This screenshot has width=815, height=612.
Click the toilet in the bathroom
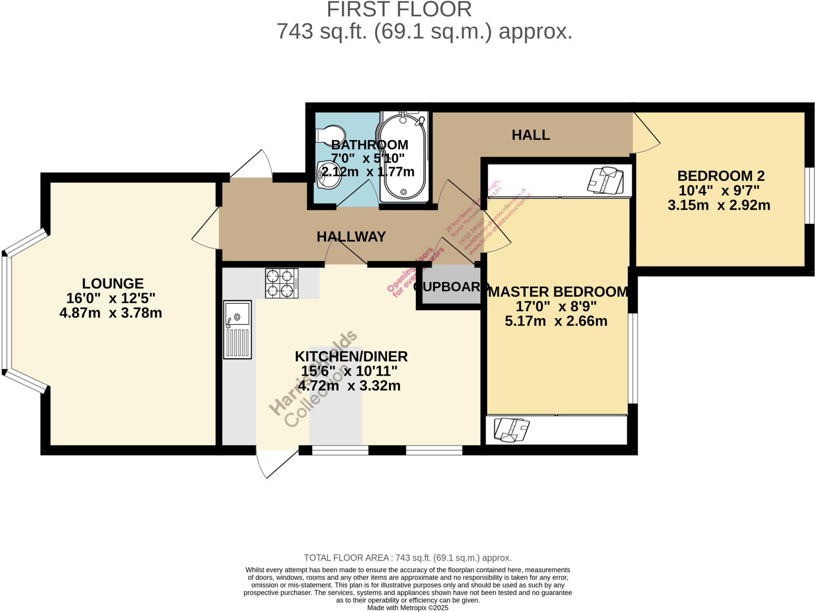330,135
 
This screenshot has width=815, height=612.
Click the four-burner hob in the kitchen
281,283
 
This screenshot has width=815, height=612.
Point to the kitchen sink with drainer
237,330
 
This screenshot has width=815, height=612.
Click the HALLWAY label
351,237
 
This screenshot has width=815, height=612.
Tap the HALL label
530,135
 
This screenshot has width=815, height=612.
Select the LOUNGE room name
113,284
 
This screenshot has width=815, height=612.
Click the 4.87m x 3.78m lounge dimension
111,313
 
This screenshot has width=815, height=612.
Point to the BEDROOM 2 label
721,176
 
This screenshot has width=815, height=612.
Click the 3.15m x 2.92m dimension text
719,205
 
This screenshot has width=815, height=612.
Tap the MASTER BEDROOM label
558,292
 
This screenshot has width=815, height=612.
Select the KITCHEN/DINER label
351,356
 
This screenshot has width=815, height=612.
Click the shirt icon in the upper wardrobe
605,180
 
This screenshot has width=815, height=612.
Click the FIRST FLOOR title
399,10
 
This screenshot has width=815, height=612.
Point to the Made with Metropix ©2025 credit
407,608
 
